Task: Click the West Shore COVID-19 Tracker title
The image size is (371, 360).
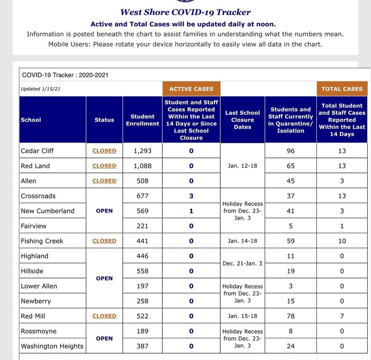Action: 185,12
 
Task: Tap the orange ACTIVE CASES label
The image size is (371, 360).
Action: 191,89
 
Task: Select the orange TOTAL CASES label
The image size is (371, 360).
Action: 342,89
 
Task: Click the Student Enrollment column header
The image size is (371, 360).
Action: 143,120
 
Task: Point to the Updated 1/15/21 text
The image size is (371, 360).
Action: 40,89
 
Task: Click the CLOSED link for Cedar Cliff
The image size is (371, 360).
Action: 104,151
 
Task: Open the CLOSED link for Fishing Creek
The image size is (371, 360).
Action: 104,241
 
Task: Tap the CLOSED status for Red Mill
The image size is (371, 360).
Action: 104,316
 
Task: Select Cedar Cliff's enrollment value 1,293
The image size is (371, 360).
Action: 143,151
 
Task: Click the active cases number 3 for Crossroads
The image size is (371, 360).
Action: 191,196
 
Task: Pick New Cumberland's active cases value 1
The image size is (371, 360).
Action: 191,211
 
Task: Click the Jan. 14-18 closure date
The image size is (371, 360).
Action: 242,241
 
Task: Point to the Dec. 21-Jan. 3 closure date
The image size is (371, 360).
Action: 242,264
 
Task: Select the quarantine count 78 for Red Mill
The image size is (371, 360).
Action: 290,316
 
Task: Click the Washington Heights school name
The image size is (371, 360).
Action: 52,346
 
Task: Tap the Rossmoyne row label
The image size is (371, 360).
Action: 38,331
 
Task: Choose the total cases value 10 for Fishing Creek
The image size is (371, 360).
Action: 342,241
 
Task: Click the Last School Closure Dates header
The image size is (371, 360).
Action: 242,120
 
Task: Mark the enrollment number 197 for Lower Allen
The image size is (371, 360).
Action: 143,286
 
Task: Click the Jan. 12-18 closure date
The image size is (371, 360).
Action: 242,166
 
